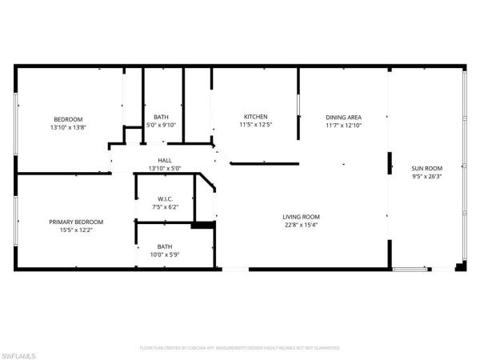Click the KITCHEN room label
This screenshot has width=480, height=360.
tap(255, 117)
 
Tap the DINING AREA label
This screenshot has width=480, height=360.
tap(343, 117)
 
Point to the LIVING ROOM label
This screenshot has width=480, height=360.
tap(301, 217)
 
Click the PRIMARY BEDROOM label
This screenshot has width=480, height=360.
tap(76, 222)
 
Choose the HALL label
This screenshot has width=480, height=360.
tap(165, 160)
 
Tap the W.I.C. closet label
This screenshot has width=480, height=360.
tap(166, 198)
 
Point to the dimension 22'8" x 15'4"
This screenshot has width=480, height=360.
tap(301, 226)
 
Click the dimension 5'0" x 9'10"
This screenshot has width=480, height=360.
tap(161, 125)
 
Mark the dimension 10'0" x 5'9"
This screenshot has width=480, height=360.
tap(165, 255)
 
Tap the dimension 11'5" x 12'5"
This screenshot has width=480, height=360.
tap(255, 125)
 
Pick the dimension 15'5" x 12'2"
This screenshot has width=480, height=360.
tap(76, 230)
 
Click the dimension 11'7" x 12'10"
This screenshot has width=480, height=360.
tap(343, 125)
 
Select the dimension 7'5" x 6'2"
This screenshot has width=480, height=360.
tap(166, 207)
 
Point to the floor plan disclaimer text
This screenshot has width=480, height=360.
tap(240, 348)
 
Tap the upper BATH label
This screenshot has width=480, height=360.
tap(161, 117)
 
